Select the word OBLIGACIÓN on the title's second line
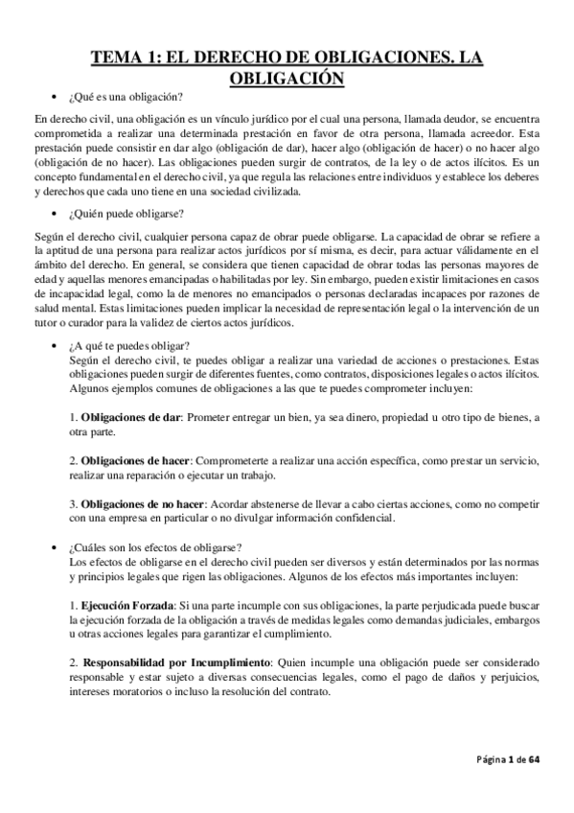click(287, 79)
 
